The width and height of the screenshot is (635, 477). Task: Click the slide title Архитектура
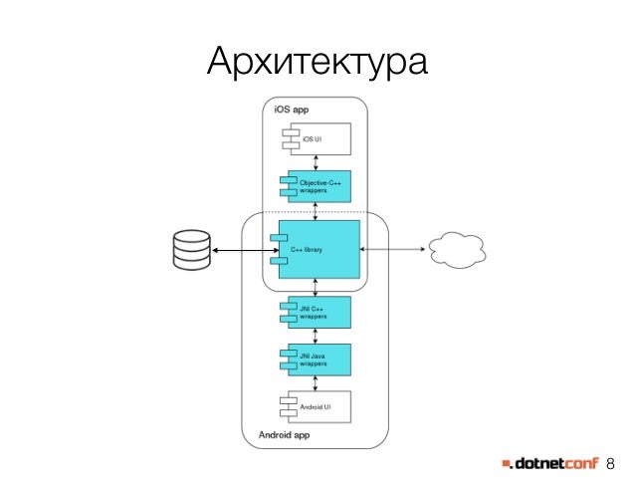(317, 62)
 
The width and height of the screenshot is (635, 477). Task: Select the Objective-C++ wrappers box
(317, 186)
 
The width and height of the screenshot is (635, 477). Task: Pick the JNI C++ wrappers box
(317, 313)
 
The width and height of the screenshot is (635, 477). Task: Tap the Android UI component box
(317, 407)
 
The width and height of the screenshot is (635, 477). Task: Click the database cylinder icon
(189, 250)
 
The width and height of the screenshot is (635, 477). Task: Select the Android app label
(285, 435)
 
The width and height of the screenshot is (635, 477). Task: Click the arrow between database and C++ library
(240, 250)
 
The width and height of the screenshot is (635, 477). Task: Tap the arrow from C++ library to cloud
(393, 250)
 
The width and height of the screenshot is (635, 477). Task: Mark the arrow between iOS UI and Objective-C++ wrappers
(316, 163)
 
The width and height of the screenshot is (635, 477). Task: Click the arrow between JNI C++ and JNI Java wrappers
(316, 336)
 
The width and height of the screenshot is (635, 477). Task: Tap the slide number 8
(611, 462)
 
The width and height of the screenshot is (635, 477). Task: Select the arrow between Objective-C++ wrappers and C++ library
(316, 211)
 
